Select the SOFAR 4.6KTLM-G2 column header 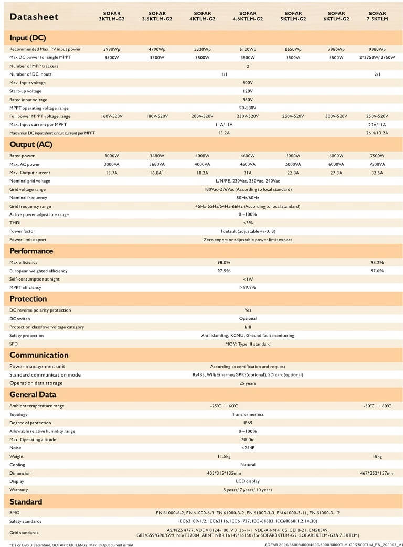tap(248, 16)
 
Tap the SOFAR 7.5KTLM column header tap(377, 16)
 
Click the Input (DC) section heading tap(28, 38)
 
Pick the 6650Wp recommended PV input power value tap(293, 49)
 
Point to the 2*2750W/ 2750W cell tap(377, 58)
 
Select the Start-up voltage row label tap(25, 91)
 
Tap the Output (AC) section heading tap(30, 144)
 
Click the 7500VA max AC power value tap(377, 164)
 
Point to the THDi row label tap(15, 223)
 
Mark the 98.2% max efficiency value tap(377, 262)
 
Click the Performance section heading tap(31, 251)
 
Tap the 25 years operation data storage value tap(248, 383)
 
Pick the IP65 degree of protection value tap(248, 423)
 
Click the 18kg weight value tap(377, 456)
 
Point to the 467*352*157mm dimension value tap(377, 473)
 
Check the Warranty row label tap(19, 490)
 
